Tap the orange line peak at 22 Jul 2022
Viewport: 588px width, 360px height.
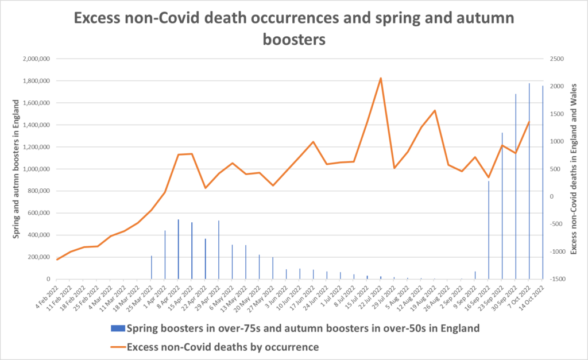coord(381,78)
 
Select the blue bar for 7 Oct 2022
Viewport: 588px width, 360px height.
coord(529,181)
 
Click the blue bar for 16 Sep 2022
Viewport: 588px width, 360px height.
coord(489,230)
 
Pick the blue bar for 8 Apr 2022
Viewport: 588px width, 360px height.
coord(178,249)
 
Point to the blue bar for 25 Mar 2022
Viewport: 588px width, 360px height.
coord(152,268)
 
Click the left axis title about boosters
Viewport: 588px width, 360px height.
coord(17,169)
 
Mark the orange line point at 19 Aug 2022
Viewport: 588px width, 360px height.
coord(435,110)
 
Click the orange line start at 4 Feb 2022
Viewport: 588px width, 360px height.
coord(57,260)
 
